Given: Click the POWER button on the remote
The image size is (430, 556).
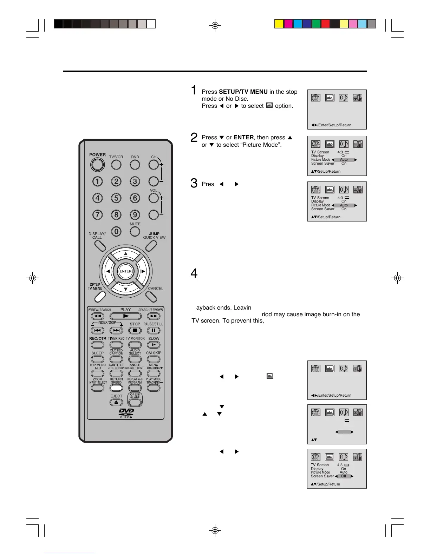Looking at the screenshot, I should click(x=97, y=165).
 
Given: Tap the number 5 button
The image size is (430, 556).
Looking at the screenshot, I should click(x=116, y=198).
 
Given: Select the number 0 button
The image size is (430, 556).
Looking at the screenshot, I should click(x=116, y=231).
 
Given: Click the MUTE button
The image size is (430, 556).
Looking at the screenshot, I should click(x=135, y=231).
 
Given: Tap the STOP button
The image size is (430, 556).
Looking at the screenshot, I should click(x=135, y=330).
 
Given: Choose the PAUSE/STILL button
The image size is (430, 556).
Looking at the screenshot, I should click(x=154, y=330).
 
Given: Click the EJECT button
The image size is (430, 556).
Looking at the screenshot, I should click(x=116, y=402).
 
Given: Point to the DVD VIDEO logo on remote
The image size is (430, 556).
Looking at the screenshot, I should click(x=126, y=413).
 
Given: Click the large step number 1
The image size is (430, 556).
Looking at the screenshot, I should click(x=194, y=90).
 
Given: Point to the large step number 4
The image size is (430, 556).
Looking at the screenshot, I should click(x=194, y=273).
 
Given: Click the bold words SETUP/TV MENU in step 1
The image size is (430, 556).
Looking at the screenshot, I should click(x=243, y=92).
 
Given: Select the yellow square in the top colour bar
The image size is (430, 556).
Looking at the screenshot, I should click(x=279, y=24).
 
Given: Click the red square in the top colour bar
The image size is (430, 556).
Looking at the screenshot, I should click(x=325, y=24).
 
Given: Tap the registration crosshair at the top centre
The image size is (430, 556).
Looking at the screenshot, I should click(x=215, y=25).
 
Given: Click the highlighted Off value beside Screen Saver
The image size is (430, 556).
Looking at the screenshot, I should click(x=344, y=476).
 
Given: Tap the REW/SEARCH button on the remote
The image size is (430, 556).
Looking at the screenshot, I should click(x=98, y=316).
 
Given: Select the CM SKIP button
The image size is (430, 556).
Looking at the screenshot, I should click(x=154, y=359).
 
